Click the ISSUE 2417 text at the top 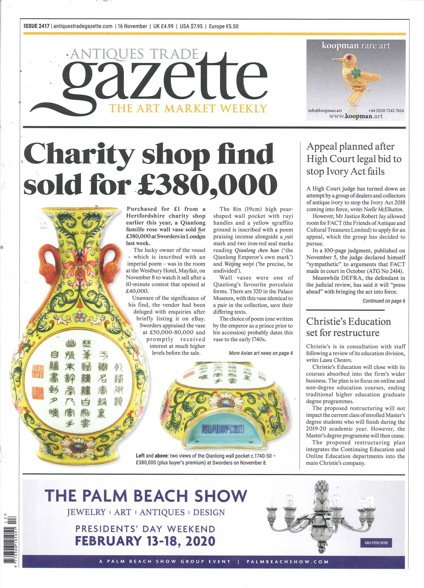click(36, 26)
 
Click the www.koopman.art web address click(356, 116)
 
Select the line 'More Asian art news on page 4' click(261, 353)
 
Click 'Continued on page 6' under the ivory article click(384, 301)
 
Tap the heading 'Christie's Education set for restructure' click(348, 327)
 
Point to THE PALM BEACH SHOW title click(146, 496)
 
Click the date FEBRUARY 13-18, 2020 click(145, 541)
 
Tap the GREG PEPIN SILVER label click(376, 543)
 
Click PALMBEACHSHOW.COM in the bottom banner click(287, 562)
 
